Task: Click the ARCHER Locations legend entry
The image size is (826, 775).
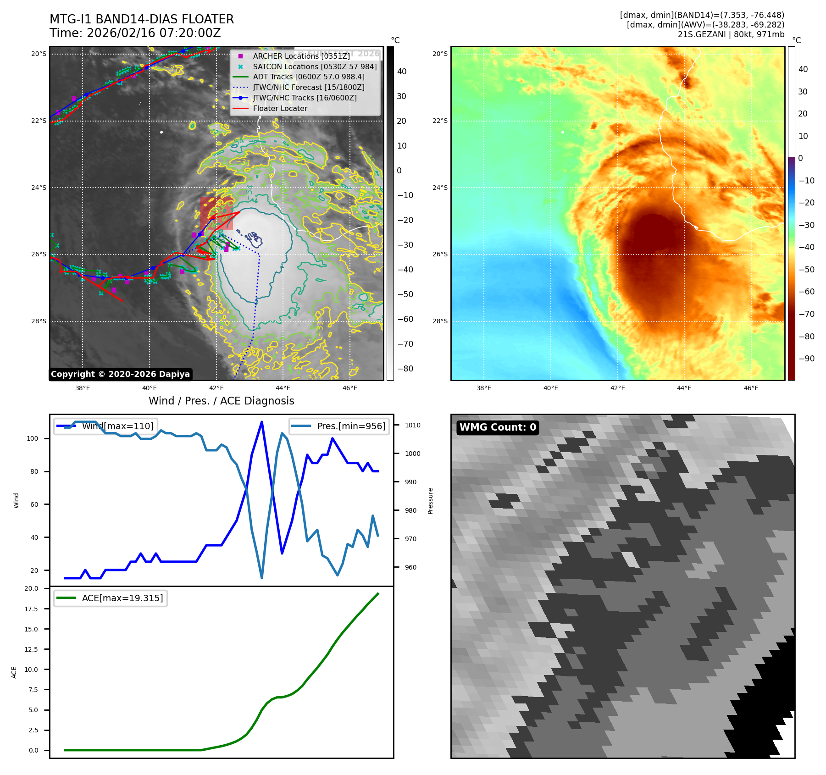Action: point(301,56)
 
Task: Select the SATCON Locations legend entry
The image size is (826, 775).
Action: point(314,66)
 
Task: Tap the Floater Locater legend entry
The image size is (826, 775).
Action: point(280,108)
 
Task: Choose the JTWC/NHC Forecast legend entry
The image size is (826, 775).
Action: point(308,87)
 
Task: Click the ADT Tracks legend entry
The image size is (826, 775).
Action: point(308,77)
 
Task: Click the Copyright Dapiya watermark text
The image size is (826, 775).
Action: point(120,374)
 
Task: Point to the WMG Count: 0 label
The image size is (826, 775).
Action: point(498,427)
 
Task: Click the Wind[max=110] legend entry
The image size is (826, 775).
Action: point(117,426)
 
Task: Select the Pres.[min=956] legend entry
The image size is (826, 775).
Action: point(351,426)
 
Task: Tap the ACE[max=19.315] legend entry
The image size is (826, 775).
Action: point(122,598)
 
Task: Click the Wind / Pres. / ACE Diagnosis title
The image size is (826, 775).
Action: point(221,401)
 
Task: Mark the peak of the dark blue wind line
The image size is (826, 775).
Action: point(261,422)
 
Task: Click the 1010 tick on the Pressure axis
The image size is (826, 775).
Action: point(412,425)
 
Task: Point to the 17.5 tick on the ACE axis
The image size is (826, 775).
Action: point(31,609)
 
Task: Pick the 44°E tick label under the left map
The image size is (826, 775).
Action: point(283,388)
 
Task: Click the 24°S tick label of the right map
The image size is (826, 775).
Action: point(440,188)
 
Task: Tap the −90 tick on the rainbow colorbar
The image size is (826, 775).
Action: point(806,359)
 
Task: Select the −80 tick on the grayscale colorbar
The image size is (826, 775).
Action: point(405,369)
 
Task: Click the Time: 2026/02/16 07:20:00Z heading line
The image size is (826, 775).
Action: point(135,33)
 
